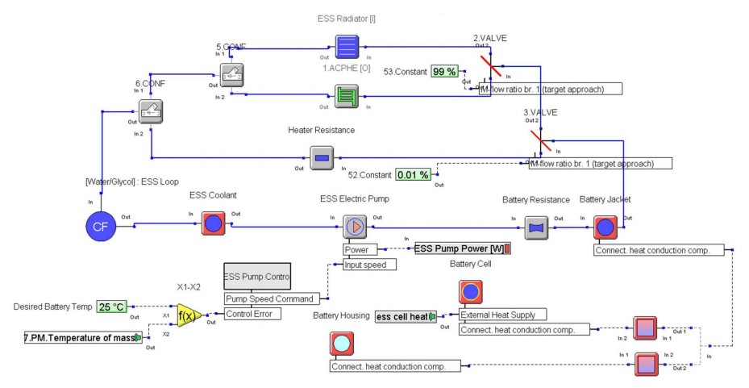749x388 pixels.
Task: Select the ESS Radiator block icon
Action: (x=348, y=47)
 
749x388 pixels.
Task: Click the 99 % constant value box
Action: (x=444, y=72)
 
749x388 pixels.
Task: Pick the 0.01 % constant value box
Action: (x=412, y=174)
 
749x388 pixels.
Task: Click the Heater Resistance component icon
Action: (x=322, y=158)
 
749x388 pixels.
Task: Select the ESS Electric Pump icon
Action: (x=355, y=227)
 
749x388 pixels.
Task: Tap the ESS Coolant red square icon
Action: (x=213, y=223)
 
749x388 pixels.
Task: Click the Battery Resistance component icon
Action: (x=536, y=228)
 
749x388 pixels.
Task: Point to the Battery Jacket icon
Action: (x=605, y=227)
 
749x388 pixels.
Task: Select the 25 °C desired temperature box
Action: (x=112, y=307)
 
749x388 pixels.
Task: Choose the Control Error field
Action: (x=252, y=314)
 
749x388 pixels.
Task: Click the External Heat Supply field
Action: (x=502, y=315)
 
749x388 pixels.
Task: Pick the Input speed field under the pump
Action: (x=369, y=264)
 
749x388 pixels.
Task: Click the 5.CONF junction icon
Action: (x=232, y=74)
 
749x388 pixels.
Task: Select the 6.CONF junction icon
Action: (x=152, y=113)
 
